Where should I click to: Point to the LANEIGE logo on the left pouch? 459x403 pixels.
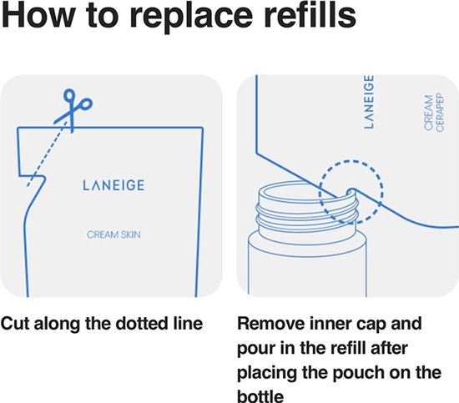113,185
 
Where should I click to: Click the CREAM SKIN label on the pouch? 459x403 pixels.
113,234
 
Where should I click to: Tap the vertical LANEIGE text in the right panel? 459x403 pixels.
369,102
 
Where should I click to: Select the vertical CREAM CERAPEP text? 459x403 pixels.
434,113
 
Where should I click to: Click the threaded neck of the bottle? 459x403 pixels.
307,211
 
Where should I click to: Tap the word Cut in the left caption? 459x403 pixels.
15,324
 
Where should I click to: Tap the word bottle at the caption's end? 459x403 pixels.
260,396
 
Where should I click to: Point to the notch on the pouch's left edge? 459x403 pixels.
33,177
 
